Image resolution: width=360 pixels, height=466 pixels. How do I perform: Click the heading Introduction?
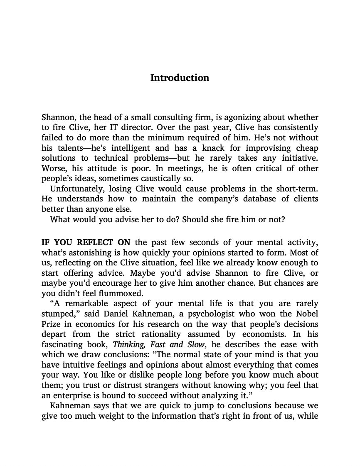click(x=180, y=78)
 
